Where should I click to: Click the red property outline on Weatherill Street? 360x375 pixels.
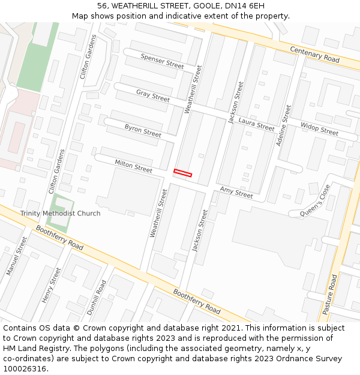(x=182, y=173)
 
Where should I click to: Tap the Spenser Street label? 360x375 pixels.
(x=162, y=61)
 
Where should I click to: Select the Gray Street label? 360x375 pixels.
(x=153, y=95)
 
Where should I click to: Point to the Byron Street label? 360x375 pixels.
(x=143, y=130)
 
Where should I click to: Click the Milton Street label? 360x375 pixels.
(x=133, y=166)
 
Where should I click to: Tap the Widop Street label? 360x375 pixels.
(x=320, y=129)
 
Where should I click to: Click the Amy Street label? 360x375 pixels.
(x=236, y=193)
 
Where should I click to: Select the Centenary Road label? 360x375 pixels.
(x=314, y=55)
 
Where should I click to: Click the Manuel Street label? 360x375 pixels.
(x=17, y=256)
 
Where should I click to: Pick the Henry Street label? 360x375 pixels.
(x=52, y=285)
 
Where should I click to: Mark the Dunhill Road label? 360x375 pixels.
(x=97, y=298)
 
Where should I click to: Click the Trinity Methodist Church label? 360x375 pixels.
(x=60, y=213)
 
